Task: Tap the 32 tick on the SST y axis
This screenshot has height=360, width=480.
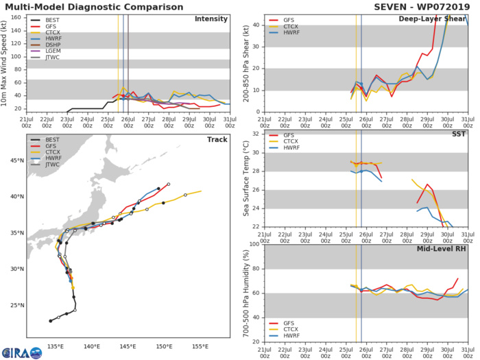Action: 255,134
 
